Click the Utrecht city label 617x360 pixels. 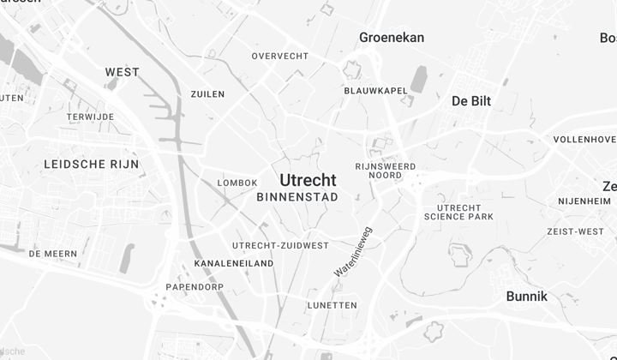pos(308,180)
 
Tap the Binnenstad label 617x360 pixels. pos(297,197)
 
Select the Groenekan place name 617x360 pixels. pos(392,38)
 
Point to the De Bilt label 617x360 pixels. pos(471,101)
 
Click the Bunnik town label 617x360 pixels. pos(527,297)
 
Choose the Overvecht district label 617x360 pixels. pos(279,57)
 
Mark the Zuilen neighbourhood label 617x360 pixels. pos(207,94)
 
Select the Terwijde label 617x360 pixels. pos(92,117)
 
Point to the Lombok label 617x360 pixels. pos(237,183)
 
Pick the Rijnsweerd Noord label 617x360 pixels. pos(385,171)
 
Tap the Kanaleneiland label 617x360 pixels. pos(234,263)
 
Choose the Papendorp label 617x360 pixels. pos(195,286)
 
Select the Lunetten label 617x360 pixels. pos(332,305)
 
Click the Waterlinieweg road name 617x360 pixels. pos(353,251)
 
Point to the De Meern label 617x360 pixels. pos(53,254)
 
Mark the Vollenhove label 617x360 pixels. pos(584,139)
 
